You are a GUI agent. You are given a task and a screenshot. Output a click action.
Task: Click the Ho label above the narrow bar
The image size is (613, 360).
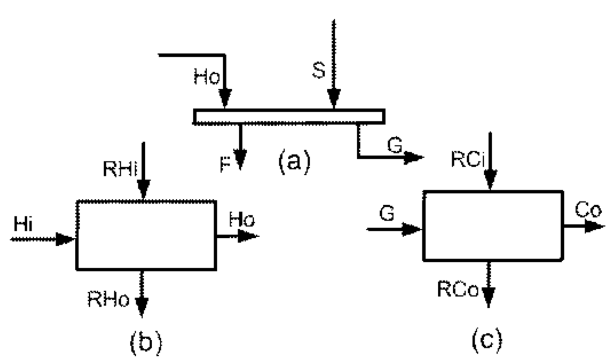click(206, 78)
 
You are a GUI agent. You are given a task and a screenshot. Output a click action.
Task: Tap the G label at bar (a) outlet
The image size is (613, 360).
click(393, 146)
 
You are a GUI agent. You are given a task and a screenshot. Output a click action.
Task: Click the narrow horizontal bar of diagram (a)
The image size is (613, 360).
click(288, 116)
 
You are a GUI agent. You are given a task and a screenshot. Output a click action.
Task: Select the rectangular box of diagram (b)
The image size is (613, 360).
click(145, 235)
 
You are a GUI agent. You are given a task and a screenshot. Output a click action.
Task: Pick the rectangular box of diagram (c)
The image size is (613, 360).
click(492, 225)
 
